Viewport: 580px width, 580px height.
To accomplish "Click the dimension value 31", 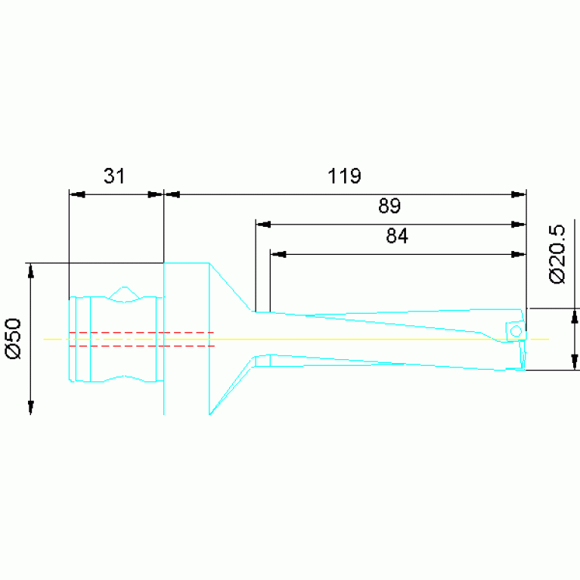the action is pyautogui.click(x=114, y=175).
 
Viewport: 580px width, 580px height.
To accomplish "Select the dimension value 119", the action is pyautogui.click(x=344, y=175).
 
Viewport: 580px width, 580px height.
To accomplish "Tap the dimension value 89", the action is pyautogui.click(x=389, y=206).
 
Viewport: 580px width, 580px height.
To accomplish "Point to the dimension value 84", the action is pyautogui.click(x=397, y=236).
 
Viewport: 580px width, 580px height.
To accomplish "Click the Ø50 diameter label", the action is pyautogui.click(x=14, y=339).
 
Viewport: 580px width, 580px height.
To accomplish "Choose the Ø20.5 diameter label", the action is pyautogui.click(x=557, y=255).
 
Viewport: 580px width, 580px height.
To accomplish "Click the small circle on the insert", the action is pyautogui.click(x=516, y=330).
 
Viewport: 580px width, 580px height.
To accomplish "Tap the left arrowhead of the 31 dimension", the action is pyautogui.click(x=77, y=194).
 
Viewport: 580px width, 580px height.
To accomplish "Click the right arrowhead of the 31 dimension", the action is pyautogui.click(x=155, y=194).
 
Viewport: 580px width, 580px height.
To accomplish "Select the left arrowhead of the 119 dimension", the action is pyautogui.click(x=172, y=194).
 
